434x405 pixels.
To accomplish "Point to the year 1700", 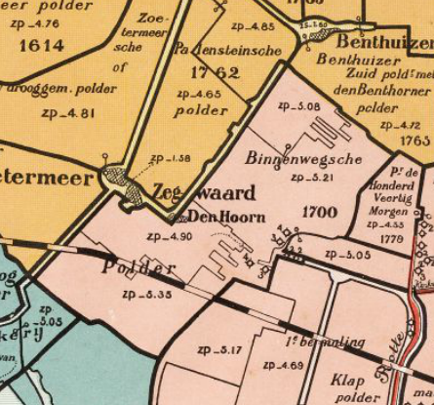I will click(319, 211).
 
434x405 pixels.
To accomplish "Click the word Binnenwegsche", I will click(291, 159).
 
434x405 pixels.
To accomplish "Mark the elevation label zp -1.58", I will click(170, 158).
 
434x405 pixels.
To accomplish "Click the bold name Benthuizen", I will click(384, 43).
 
